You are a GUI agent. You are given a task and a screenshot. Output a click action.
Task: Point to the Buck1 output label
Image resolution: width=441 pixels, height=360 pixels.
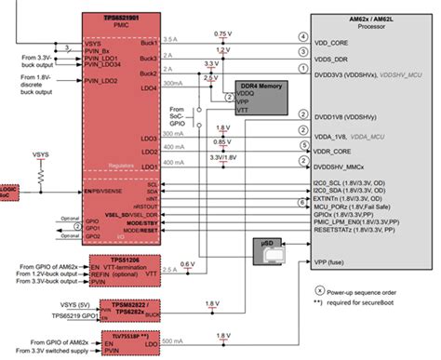point(145,41)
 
